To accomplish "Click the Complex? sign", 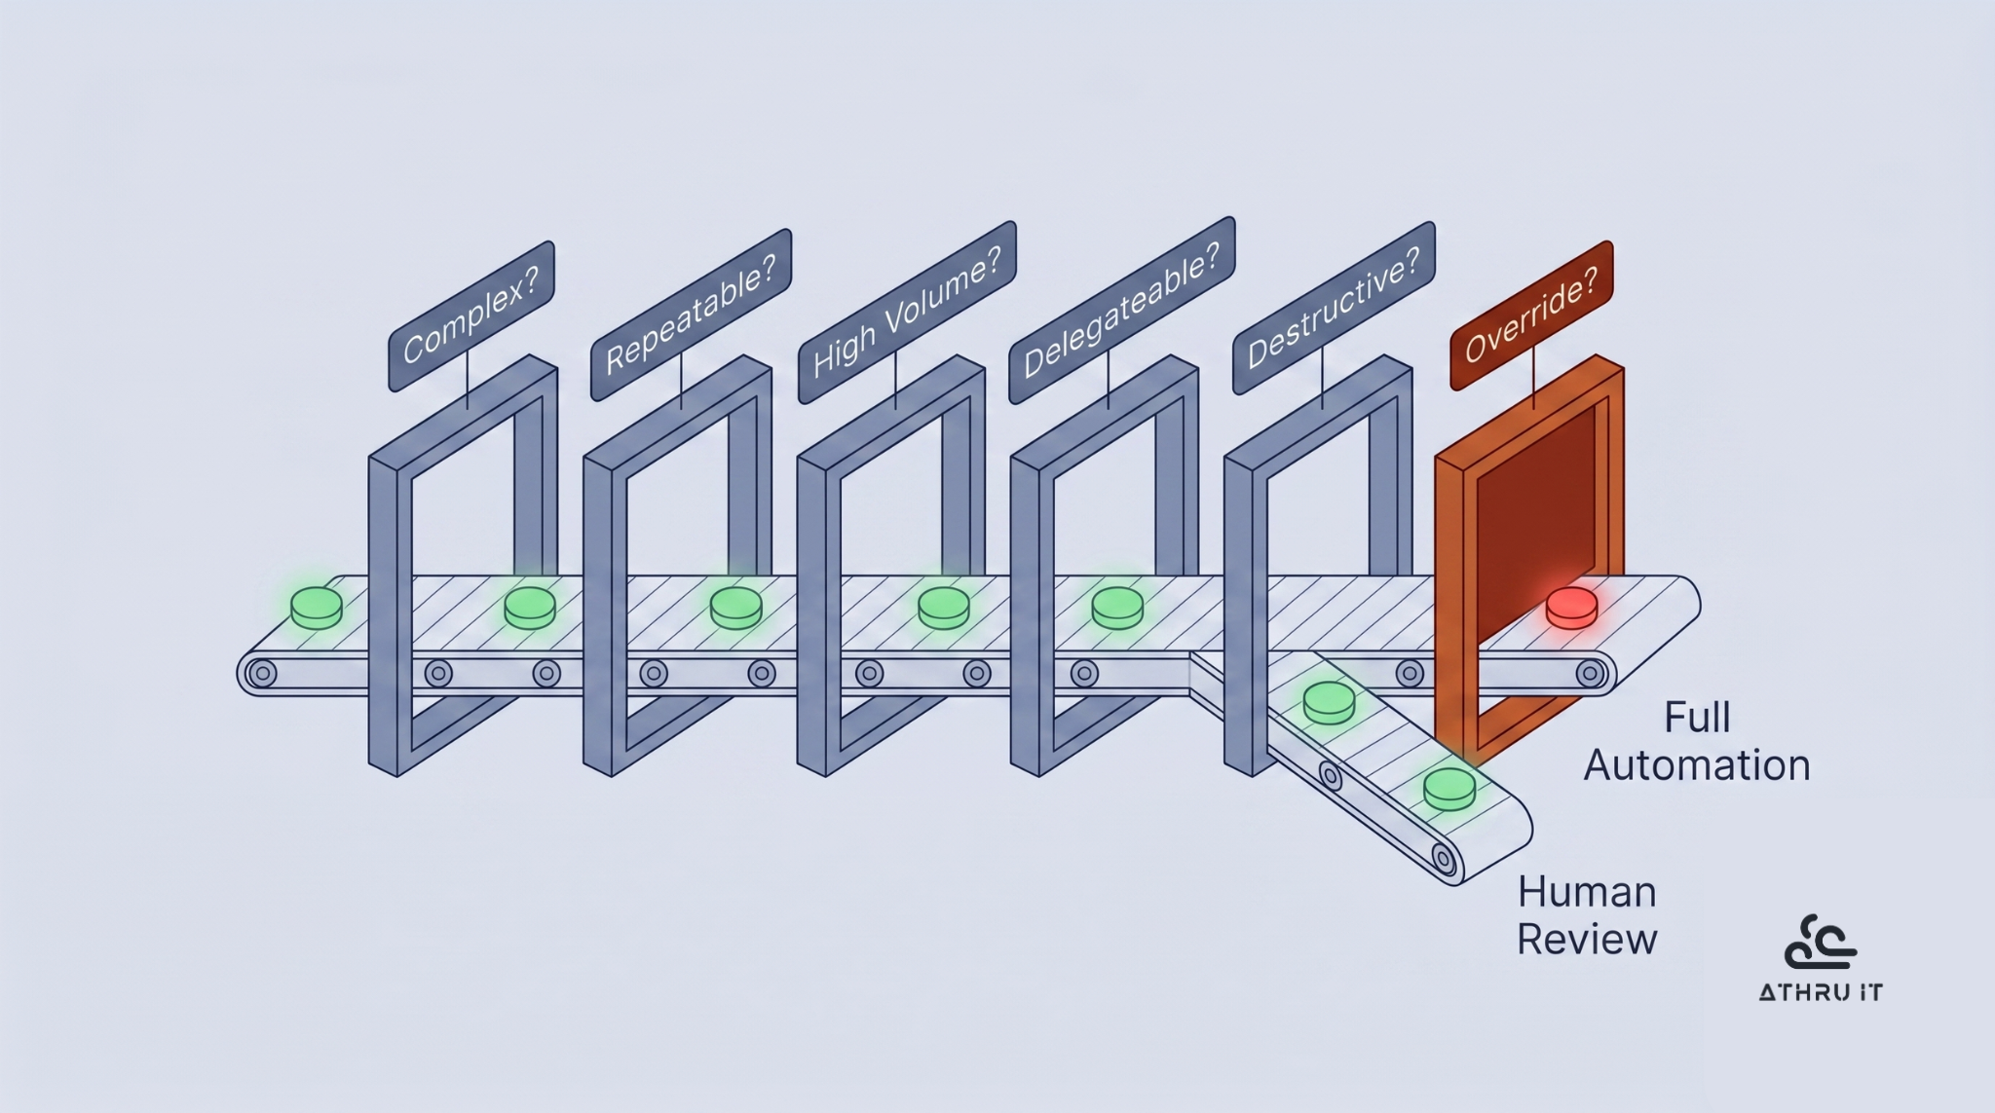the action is pos(471,316).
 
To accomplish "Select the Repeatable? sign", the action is pos(691,315).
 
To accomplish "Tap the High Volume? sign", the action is pos(907,312).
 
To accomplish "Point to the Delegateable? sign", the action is pos(1121,310).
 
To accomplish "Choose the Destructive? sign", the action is pos(1334,308).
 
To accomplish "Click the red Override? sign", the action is pos(1531,315).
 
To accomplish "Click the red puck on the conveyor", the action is pos(1571,607).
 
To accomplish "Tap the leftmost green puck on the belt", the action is pos(317,607).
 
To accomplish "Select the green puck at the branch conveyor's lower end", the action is pos(1449,788).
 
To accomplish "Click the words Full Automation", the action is pos(1697,741).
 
